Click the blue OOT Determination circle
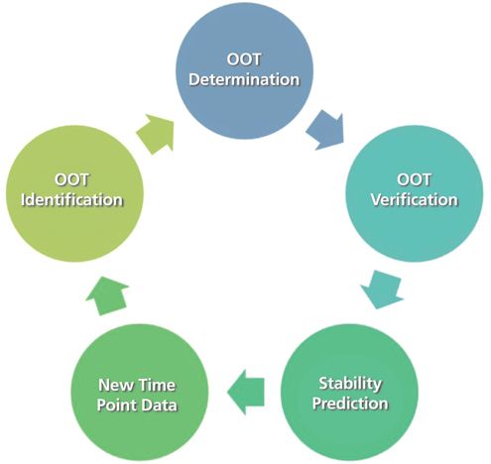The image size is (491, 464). (x=244, y=70)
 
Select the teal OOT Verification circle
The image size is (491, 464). (x=415, y=193)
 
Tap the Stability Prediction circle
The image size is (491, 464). (x=349, y=393)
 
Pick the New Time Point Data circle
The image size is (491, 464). (x=140, y=393)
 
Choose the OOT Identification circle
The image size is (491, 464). (x=74, y=193)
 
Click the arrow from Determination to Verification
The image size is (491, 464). (x=325, y=130)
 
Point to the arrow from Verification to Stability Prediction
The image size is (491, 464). (x=382, y=290)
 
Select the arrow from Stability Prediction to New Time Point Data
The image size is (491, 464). (x=246, y=393)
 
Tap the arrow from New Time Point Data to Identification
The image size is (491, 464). (x=107, y=295)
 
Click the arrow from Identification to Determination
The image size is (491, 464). (x=156, y=134)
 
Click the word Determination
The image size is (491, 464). (x=244, y=79)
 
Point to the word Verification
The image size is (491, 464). (x=415, y=200)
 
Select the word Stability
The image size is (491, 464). (x=350, y=384)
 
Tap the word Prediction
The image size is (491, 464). (x=350, y=404)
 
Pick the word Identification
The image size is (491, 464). (x=71, y=200)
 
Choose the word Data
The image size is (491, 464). (x=160, y=406)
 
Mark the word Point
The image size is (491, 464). (x=118, y=406)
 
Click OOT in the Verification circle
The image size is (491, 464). (x=414, y=179)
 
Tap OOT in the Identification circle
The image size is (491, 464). (x=71, y=179)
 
